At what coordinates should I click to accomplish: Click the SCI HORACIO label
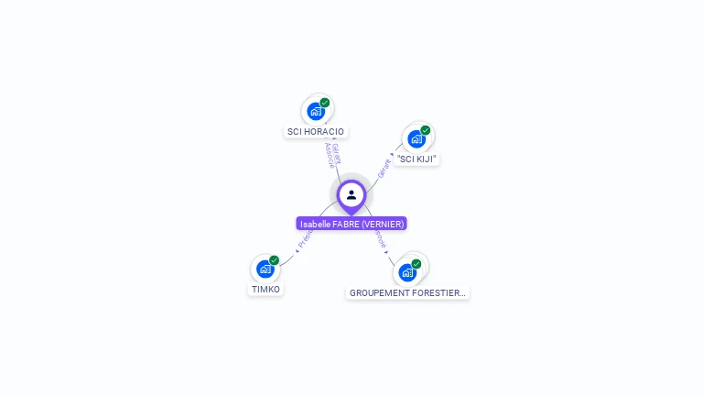[316, 132]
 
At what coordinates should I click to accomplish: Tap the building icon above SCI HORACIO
[316, 112]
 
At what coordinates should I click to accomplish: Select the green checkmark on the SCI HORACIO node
[325, 103]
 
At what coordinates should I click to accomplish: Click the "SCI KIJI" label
[417, 159]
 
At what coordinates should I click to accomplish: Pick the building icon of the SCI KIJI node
[416, 139]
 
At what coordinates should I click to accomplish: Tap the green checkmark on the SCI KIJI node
[426, 130]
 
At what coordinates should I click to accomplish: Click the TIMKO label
[265, 290]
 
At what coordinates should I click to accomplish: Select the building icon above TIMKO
[265, 269]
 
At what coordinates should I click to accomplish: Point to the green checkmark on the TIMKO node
[274, 260]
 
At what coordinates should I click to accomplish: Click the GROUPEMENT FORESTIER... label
[408, 293]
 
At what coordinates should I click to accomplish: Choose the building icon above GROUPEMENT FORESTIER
[407, 272]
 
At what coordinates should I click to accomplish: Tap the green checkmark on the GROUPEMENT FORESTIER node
[416, 263]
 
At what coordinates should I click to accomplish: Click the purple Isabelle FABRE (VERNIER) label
[351, 224]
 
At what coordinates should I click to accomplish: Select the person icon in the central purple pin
[351, 194]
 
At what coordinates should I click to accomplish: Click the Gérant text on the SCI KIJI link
[384, 166]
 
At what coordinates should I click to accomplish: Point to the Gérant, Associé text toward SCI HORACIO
[333, 155]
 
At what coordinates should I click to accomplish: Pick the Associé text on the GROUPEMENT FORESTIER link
[380, 239]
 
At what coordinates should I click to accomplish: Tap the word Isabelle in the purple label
[315, 224]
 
